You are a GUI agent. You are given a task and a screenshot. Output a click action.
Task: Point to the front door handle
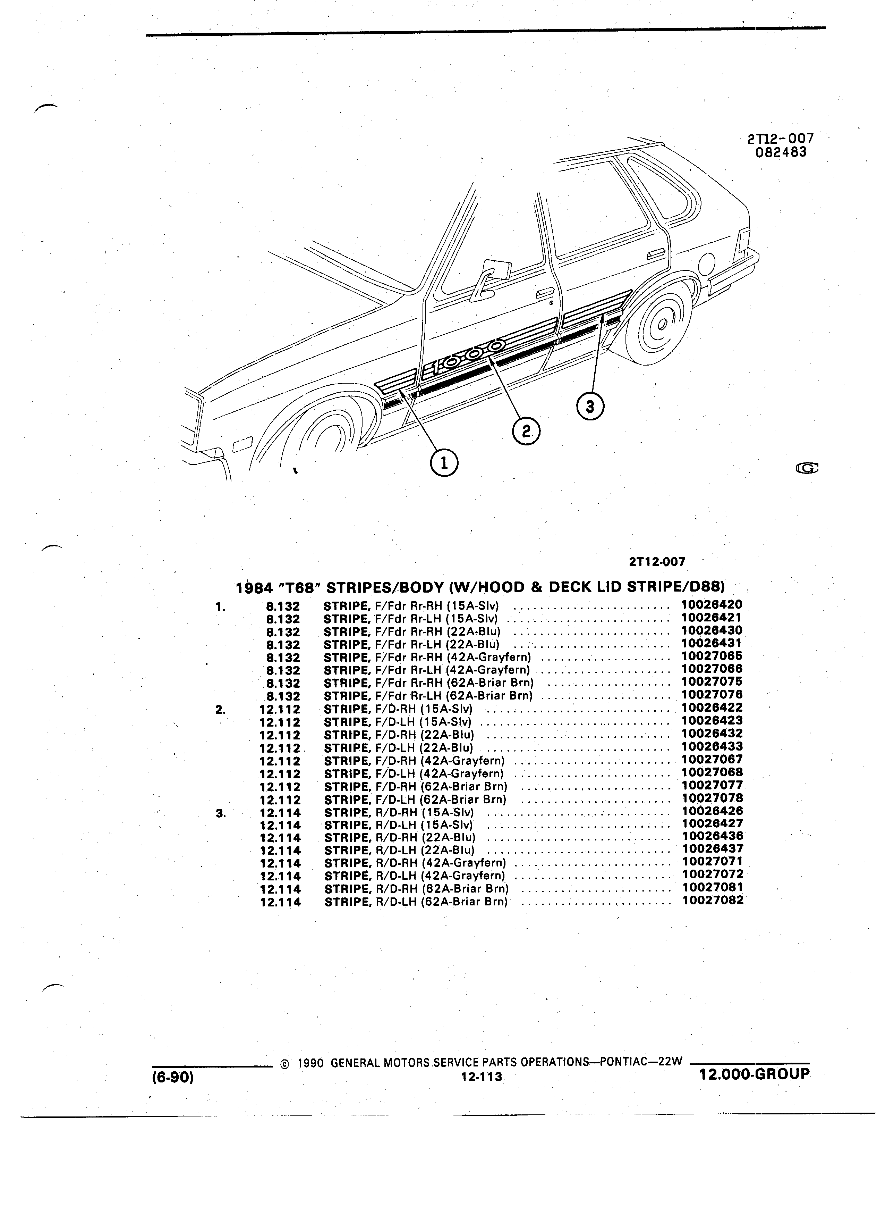click(x=546, y=293)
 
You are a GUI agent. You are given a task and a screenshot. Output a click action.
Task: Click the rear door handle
click(x=655, y=253)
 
